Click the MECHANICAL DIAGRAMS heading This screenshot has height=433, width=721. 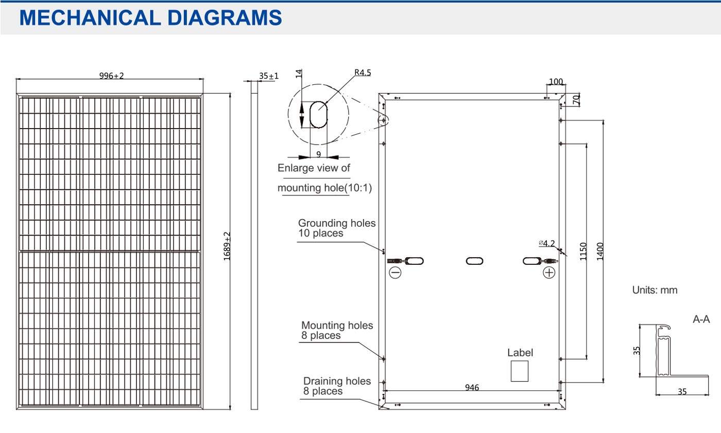[x=150, y=17]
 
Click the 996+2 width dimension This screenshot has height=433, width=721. [x=111, y=76]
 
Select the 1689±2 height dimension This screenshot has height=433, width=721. [x=227, y=246]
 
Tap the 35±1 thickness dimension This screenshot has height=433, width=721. [x=269, y=76]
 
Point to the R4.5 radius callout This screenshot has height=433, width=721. [x=363, y=73]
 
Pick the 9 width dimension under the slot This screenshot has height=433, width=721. [x=318, y=154]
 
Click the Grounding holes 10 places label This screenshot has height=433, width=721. [x=337, y=228]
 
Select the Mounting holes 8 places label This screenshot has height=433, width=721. [x=337, y=330]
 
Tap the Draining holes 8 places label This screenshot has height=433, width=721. [x=337, y=386]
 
